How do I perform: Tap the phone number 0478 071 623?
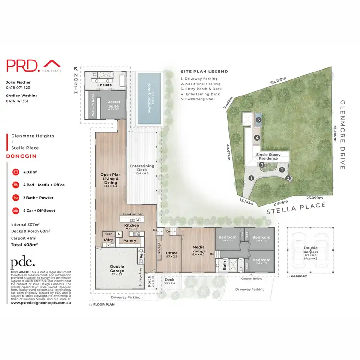(18, 88)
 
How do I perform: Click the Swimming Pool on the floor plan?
(149, 100)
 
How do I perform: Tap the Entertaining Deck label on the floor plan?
(142, 166)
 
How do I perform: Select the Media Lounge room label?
(198, 249)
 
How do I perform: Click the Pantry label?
(130, 241)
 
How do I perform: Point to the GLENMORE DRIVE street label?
(342, 135)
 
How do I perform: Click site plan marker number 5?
(258, 120)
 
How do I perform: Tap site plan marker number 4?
(257, 138)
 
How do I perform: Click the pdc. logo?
(23, 262)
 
